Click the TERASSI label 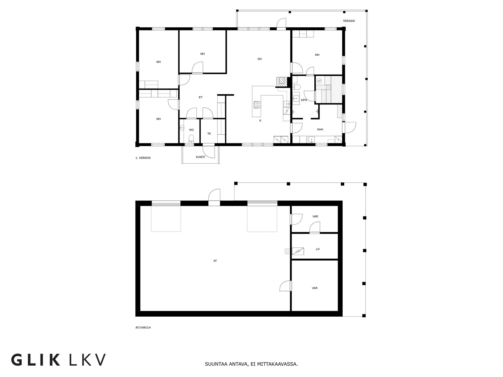[349, 21]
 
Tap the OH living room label [260, 59]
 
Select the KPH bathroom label [304, 100]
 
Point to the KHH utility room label [320, 130]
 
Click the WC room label [191, 130]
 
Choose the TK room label [209, 134]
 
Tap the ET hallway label [201, 97]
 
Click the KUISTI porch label [200, 157]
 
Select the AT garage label [215, 261]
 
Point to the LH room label [318, 249]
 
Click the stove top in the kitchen [257, 105]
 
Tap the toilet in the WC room [191, 139]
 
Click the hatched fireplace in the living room [282, 82]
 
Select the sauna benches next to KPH [329, 90]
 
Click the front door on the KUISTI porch [208, 151]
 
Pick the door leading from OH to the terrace [281, 23]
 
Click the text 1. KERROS [143, 158]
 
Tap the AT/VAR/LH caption [143, 328]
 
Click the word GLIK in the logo [36, 360]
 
